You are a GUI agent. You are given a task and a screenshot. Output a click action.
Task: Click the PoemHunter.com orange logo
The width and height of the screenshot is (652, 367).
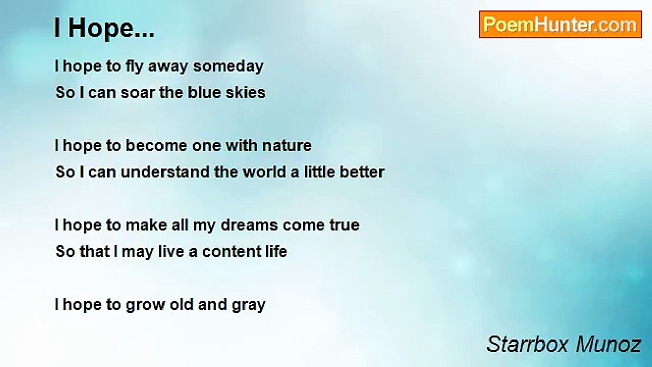point(560,24)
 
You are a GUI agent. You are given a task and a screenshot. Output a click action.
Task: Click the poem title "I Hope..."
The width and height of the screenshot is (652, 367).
point(104,28)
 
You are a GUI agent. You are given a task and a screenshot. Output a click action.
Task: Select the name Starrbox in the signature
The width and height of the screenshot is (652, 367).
point(527,344)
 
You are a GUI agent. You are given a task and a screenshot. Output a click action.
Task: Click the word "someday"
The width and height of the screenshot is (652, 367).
point(228,67)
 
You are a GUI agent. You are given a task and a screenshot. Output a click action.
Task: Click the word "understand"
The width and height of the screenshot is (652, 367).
point(165,172)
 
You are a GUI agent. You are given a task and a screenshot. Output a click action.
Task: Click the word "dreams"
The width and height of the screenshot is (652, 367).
point(249,225)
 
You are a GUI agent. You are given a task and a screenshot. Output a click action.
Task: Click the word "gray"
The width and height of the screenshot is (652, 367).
point(249,305)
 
